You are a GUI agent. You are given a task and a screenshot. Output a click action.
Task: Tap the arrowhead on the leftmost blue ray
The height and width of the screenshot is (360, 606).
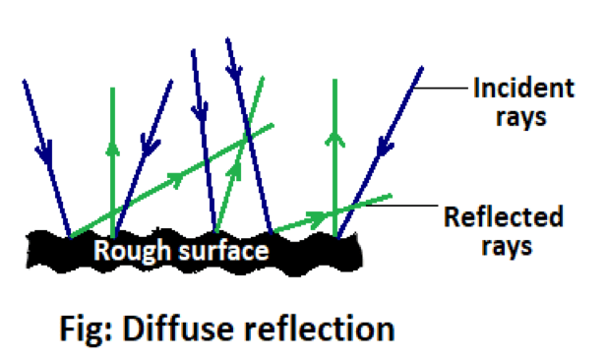[x=42, y=152]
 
